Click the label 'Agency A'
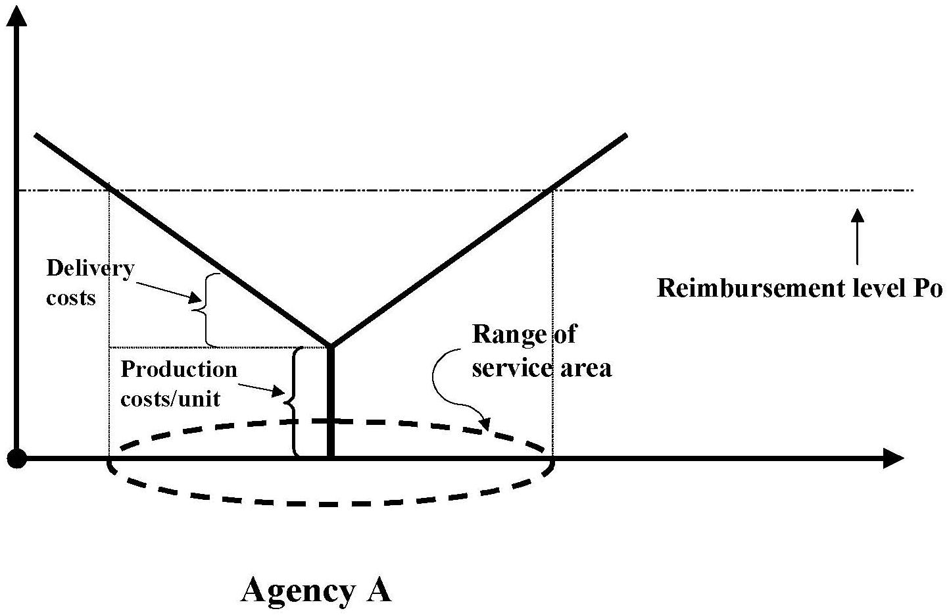(316, 590)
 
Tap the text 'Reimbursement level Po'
(800, 288)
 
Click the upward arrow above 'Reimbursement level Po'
(857, 237)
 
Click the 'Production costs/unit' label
(178, 383)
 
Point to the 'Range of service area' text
(541, 351)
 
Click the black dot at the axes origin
(17, 458)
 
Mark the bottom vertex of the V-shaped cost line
(330, 346)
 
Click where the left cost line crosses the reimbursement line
(109, 191)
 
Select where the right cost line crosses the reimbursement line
(550, 191)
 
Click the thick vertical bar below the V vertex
(330, 401)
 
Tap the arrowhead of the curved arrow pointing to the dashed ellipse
(485, 425)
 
